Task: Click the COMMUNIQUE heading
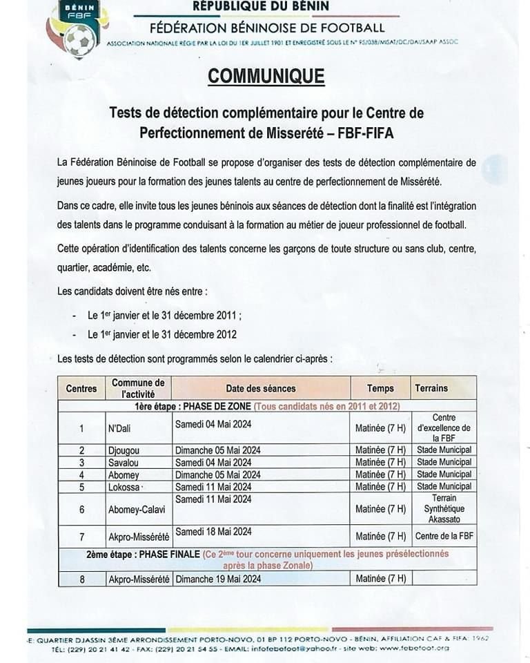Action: [266, 76]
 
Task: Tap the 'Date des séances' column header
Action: [260, 388]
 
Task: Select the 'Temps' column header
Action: [380, 388]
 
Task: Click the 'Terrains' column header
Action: [431, 388]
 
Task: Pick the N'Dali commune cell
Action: [119, 429]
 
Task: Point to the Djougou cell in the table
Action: [124, 450]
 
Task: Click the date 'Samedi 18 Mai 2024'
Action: [213, 532]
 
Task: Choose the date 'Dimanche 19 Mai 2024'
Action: [217, 579]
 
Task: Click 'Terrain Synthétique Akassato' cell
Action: [443, 508]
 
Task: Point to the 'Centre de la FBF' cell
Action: [443, 536]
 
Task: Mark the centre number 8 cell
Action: [81, 579]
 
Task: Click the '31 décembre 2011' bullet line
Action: [165, 315]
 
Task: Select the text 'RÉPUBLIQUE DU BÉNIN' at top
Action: [261, 7]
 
